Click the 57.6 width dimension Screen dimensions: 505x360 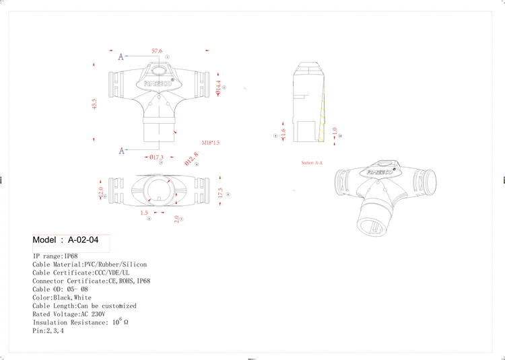click(x=158, y=51)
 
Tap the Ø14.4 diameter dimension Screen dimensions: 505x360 click(x=218, y=87)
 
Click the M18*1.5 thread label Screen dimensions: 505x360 click(x=211, y=143)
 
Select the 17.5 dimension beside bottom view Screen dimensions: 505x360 click(x=220, y=192)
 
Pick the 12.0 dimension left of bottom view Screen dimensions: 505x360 click(x=102, y=192)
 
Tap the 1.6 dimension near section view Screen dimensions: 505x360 click(x=283, y=135)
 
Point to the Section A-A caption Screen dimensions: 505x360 click(x=312, y=164)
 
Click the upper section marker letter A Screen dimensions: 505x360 click(x=121, y=57)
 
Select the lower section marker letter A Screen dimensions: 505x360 click(x=122, y=150)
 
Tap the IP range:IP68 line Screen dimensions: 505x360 click(x=55, y=256)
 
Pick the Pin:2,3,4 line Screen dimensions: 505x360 click(x=48, y=330)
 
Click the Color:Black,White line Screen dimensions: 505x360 click(x=62, y=297)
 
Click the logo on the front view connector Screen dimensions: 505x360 click(x=159, y=83)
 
